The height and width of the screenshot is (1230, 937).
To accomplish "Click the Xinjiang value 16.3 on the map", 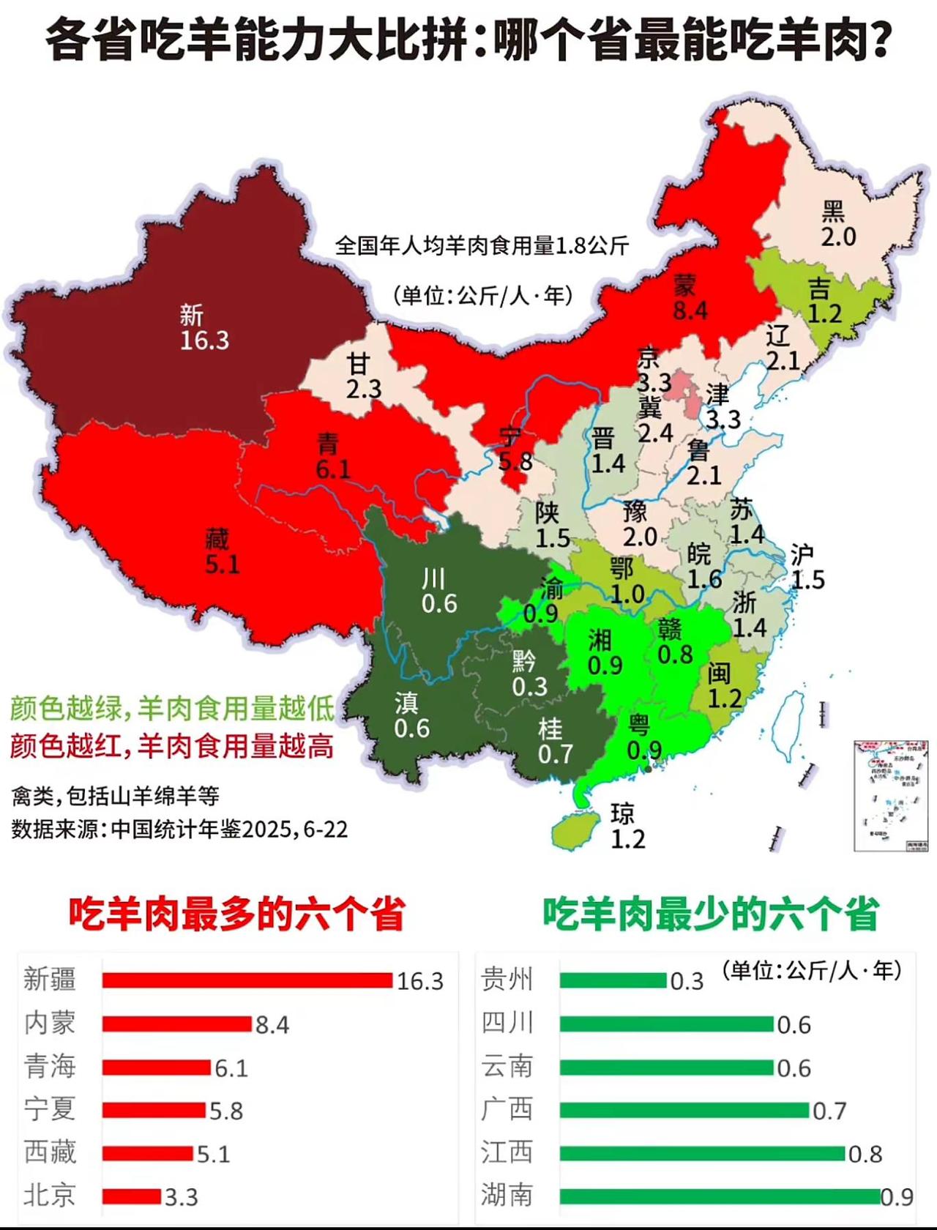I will tap(204, 340).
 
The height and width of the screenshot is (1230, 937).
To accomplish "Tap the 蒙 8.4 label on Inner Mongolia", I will tap(690, 298).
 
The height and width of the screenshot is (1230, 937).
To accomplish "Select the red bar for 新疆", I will tap(247, 980).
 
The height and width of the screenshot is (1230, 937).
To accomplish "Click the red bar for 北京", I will tap(131, 1196).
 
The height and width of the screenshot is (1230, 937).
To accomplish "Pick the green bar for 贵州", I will tap(613, 980).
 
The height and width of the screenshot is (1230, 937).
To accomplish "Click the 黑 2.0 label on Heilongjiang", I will tap(837, 225).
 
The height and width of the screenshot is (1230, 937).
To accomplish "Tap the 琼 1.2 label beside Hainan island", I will tap(627, 827).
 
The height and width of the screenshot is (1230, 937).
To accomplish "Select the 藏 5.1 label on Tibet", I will tap(221, 552).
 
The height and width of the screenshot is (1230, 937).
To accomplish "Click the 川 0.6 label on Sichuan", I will tap(438, 592).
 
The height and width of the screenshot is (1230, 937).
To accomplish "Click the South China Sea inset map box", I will tap(890, 796).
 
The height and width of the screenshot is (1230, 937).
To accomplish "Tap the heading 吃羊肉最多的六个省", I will tap(236, 914).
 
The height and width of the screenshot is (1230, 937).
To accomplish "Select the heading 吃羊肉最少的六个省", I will tap(710, 914).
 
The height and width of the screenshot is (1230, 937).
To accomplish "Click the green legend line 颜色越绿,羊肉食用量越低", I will tap(172, 708).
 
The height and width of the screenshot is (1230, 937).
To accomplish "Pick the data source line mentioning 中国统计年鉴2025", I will tap(179, 830).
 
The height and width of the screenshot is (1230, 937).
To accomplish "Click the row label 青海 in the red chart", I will tap(50, 1067).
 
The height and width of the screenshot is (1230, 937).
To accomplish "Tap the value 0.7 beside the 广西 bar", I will tap(829, 1111).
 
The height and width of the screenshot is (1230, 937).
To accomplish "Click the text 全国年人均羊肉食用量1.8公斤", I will tap(482, 246).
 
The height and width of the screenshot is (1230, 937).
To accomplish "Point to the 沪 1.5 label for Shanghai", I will tap(807, 567).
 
